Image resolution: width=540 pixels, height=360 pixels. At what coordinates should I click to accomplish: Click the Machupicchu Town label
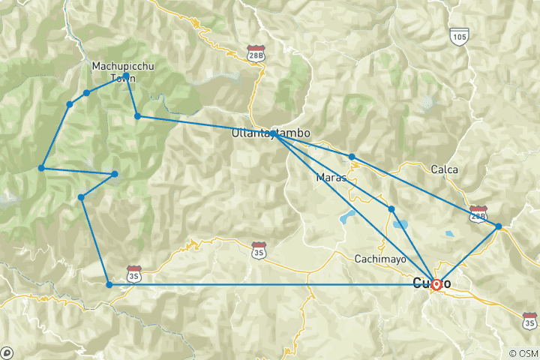click(x=118, y=71)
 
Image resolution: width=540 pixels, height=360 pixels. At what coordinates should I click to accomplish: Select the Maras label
click(x=331, y=178)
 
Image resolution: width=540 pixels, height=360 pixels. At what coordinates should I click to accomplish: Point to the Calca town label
click(x=444, y=169)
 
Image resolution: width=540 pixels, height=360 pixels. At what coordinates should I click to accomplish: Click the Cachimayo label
click(x=380, y=259)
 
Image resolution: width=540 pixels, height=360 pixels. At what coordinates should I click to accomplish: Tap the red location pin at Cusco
click(x=436, y=284)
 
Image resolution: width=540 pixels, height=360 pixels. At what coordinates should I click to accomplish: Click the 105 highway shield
click(x=460, y=34)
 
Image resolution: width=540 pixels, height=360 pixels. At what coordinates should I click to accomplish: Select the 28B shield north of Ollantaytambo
click(x=256, y=53)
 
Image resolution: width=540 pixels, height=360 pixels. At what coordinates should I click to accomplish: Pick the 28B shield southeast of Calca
click(x=477, y=213)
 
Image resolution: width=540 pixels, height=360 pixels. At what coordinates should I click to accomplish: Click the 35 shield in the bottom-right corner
click(x=529, y=320)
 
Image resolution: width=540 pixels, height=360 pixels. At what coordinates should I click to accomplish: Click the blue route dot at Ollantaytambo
click(x=274, y=134)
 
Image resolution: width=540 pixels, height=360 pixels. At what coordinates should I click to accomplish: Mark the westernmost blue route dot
click(x=42, y=167)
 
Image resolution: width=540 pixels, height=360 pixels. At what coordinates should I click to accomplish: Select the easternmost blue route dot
click(x=498, y=226)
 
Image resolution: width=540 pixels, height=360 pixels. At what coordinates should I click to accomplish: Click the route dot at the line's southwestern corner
click(x=109, y=284)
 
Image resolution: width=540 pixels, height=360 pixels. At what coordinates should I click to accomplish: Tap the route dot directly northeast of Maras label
click(x=352, y=157)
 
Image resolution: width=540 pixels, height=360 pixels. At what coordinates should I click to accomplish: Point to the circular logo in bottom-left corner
click(x=7, y=352)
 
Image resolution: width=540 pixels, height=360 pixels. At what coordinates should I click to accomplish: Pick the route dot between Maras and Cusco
click(x=391, y=208)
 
